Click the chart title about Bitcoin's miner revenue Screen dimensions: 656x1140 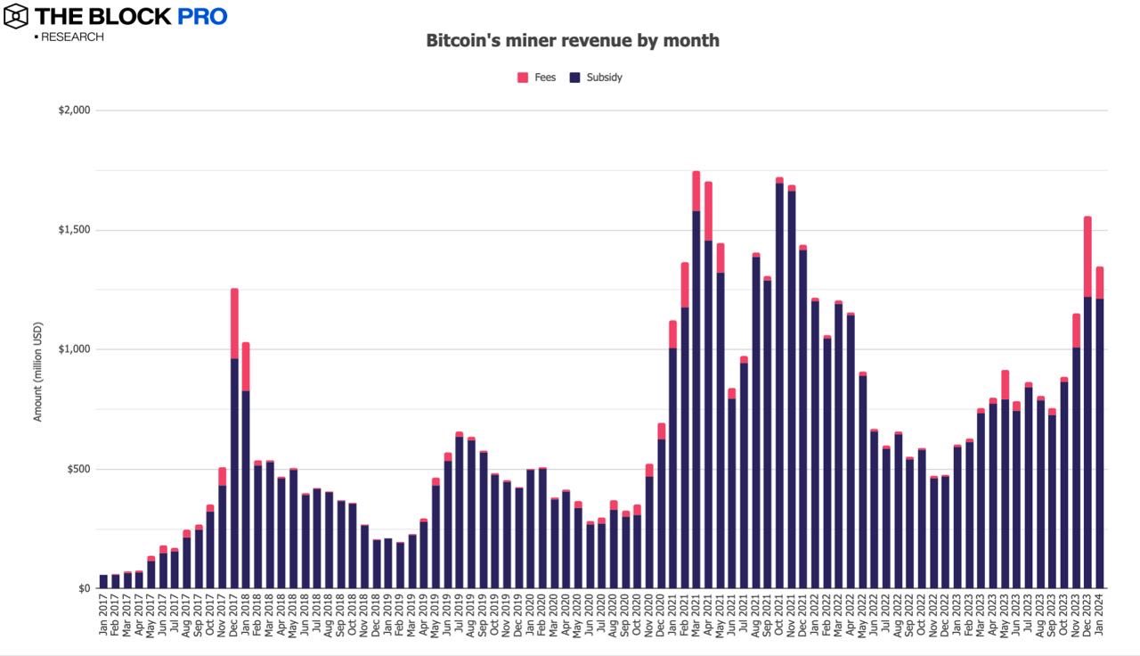[572, 40]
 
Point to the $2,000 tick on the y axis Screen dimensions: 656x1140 [74, 111]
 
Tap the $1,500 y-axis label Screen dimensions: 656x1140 [74, 230]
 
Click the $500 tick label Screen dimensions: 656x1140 [77, 469]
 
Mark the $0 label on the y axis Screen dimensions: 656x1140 [84, 588]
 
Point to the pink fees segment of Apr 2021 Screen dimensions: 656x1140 [708, 210]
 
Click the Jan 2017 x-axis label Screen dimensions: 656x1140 [103, 616]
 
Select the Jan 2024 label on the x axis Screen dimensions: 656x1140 [1100, 616]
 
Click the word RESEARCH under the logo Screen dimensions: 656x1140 [71, 37]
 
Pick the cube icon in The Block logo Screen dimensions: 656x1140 [15, 16]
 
